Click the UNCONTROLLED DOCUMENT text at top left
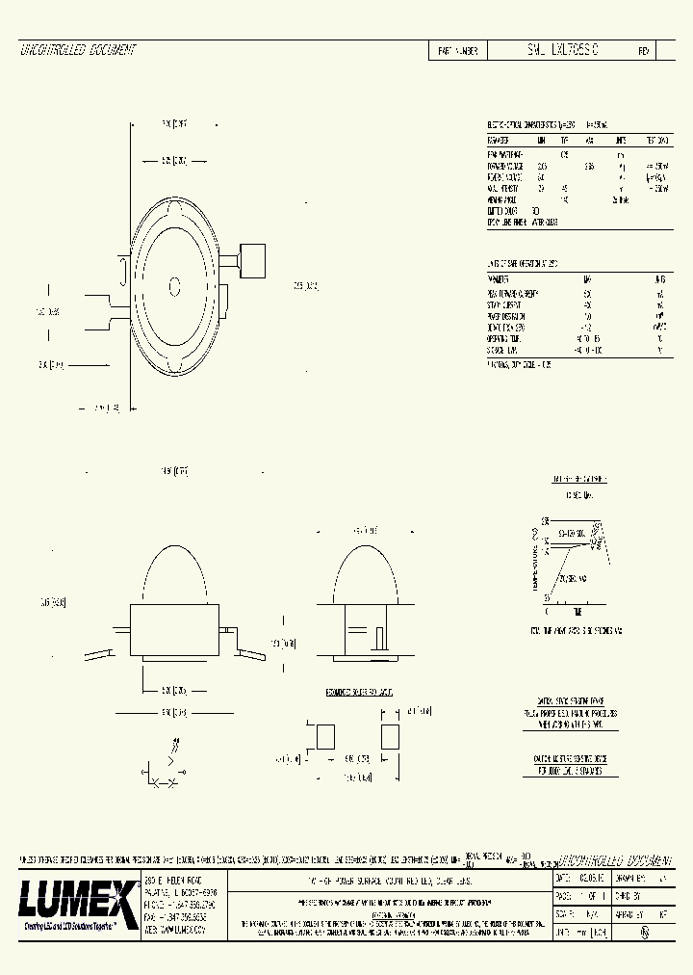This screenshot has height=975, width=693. click(78, 50)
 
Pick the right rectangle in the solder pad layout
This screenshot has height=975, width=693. click(389, 737)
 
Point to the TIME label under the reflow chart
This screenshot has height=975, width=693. click(577, 613)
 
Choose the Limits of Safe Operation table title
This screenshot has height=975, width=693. click(525, 263)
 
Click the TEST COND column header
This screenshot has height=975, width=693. click(654, 140)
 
